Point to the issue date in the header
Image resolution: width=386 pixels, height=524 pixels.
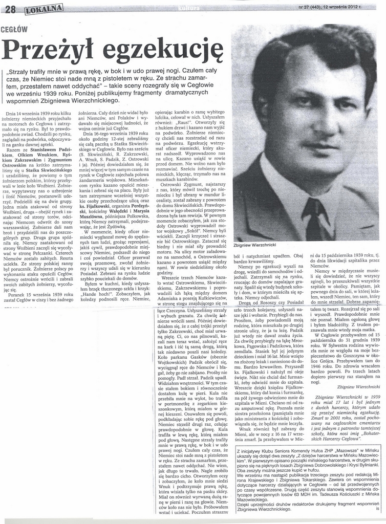tap(350, 7)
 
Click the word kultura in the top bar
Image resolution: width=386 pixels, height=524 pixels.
tap(188, 8)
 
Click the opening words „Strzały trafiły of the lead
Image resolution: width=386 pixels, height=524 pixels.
tap(30, 71)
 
